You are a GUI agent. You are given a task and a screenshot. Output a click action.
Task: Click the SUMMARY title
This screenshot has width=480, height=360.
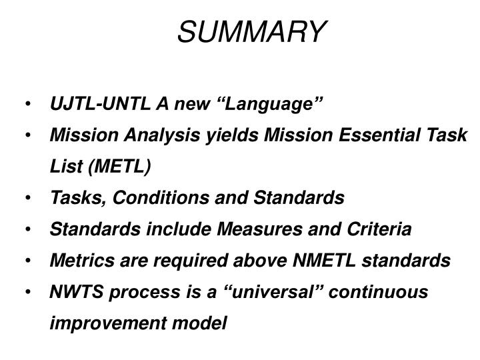pyautogui.click(x=252, y=31)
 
